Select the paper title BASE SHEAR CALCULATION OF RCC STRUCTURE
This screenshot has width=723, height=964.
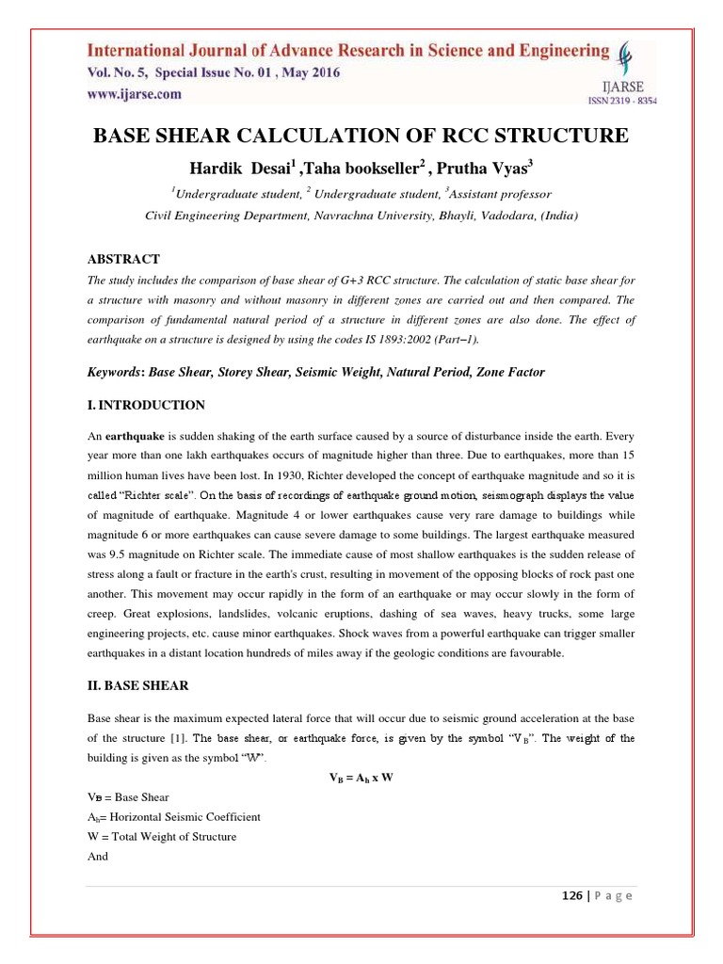tap(361, 137)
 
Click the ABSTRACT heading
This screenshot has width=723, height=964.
tap(123, 259)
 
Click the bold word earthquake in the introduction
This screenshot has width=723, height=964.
tap(136, 438)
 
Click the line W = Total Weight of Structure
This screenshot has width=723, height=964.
tap(161, 837)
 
